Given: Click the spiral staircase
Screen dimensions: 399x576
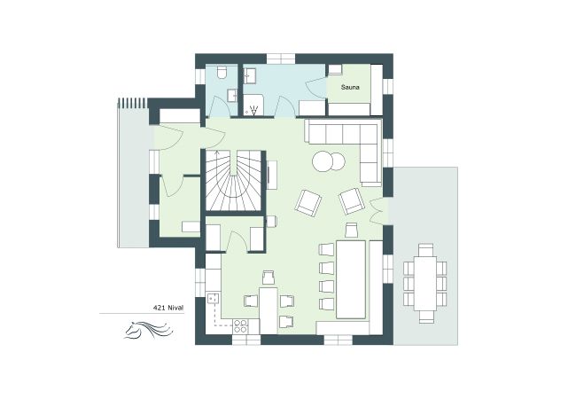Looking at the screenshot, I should point(235,181).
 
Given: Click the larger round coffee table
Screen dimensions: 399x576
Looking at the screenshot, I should point(323,162).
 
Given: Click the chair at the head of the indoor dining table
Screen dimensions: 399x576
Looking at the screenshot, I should point(351,231).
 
